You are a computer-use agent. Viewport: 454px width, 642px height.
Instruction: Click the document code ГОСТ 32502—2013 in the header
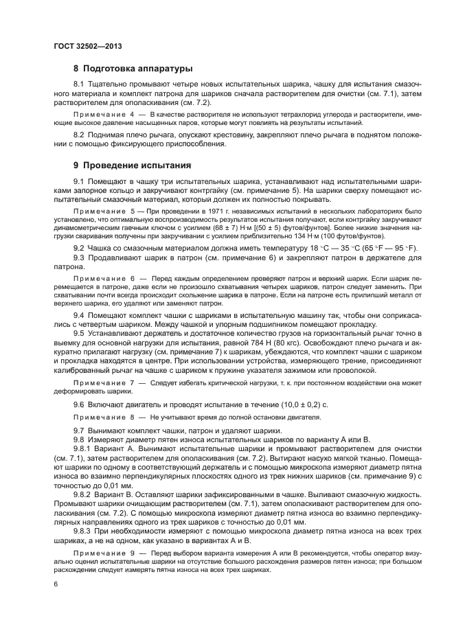[83, 46]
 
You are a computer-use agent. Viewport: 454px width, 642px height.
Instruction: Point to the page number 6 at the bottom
[55, 583]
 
